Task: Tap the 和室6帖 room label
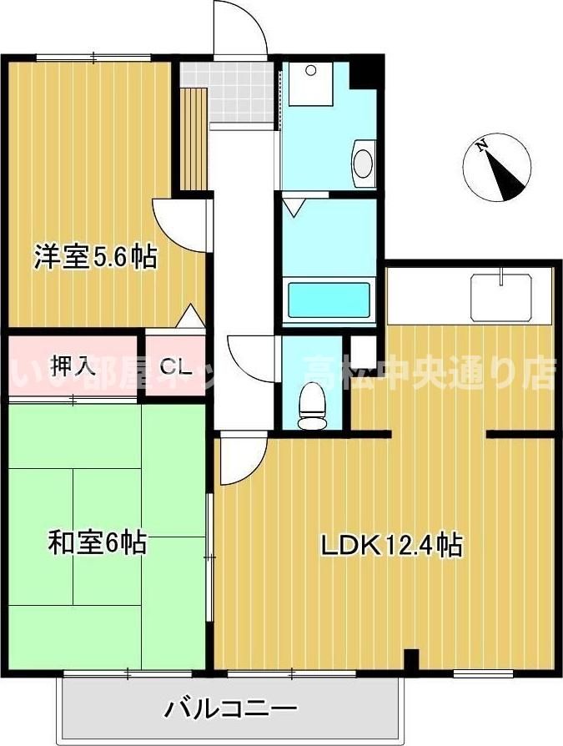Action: tap(97, 543)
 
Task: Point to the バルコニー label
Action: tap(229, 710)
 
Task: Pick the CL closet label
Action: tap(174, 365)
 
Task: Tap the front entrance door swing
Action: tap(240, 29)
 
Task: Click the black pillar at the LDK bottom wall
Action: tap(410, 659)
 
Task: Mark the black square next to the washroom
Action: tap(364, 73)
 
